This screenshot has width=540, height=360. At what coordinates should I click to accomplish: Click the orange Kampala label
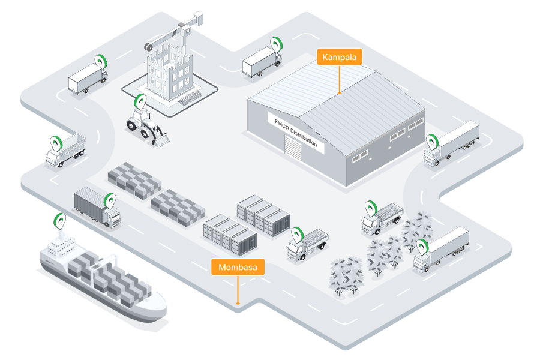[340, 58]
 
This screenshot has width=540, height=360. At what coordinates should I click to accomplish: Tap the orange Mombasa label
[238, 268]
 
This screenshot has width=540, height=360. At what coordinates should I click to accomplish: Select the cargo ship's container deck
[108, 273]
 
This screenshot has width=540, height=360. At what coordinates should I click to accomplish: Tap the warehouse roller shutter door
[293, 153]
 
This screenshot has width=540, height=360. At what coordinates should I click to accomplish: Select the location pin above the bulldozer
[140, 101]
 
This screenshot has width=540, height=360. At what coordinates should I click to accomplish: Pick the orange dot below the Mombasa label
[238, 304]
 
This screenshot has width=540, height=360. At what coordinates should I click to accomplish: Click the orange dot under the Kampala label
[340, 93]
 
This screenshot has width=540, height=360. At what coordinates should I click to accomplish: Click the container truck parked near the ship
[96, 206]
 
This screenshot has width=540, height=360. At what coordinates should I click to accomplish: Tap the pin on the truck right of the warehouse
[433, 142]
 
